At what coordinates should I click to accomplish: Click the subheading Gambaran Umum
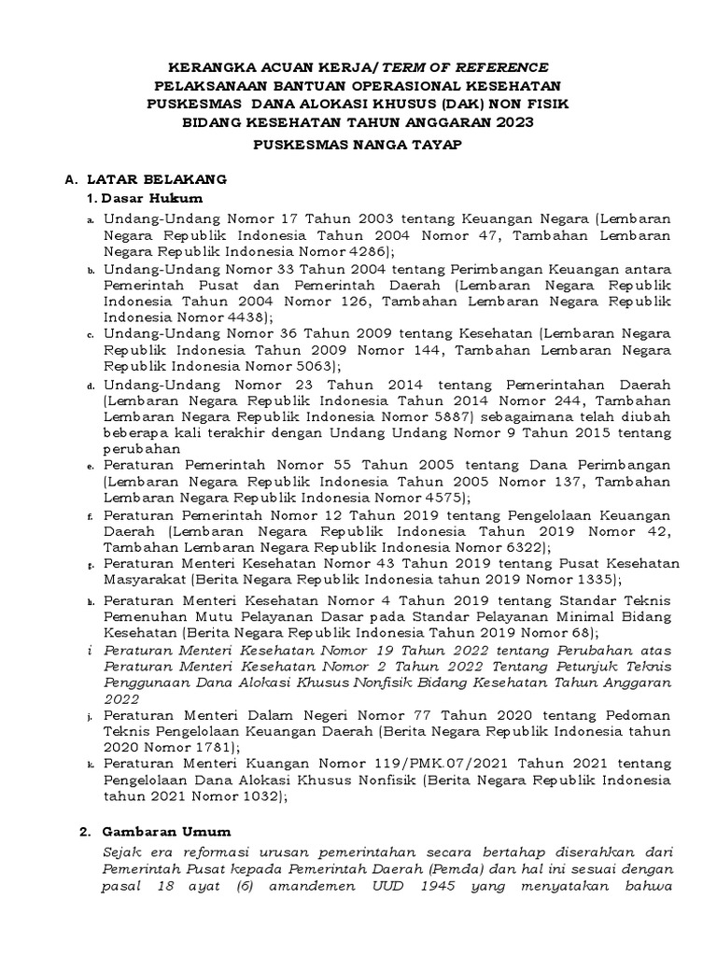166,831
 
